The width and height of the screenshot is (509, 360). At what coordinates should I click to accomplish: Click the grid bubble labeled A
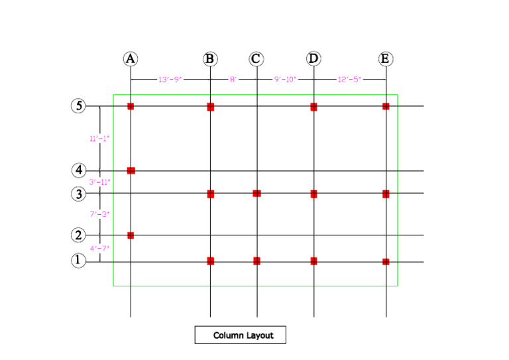tap(131, 59)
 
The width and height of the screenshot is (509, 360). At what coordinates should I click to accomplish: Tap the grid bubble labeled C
tap(256, 59)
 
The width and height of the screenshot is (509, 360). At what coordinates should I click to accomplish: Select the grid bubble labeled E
tap(386, 59)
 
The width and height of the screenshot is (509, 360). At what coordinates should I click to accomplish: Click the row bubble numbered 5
tap(79, 106)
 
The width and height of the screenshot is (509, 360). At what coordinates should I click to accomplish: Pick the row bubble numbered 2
tap(79, 235)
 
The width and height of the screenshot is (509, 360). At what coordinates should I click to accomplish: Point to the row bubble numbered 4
tap(79, 170)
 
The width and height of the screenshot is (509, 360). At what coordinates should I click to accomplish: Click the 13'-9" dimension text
tap(170, 80)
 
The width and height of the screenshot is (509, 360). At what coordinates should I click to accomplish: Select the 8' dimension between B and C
tap(233, 80)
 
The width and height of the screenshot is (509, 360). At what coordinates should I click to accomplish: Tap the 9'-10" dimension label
tap(285, 80)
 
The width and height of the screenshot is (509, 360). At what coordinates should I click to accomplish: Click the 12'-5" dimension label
tap(349, 80)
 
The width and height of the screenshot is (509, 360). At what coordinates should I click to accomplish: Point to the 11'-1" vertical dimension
tap(99, 139)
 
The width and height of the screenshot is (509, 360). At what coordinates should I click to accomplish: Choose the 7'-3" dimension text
tap(99, 214)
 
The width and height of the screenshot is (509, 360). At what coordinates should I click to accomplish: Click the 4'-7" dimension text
tap(99, 248)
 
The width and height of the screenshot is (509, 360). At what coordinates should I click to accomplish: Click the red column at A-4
tap(131, 170)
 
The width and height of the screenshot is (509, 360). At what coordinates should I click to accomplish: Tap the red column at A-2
tap(131, 235)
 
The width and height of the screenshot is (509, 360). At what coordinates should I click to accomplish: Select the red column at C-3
tap(256, 193)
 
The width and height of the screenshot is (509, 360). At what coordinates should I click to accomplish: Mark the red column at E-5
tap(386, 106)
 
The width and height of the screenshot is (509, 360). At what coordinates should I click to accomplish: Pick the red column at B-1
tap(210, 261)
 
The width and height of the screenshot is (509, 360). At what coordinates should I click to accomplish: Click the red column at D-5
tap(313, 106)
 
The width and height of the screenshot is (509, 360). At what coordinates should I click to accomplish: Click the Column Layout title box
tap(239, 335)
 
